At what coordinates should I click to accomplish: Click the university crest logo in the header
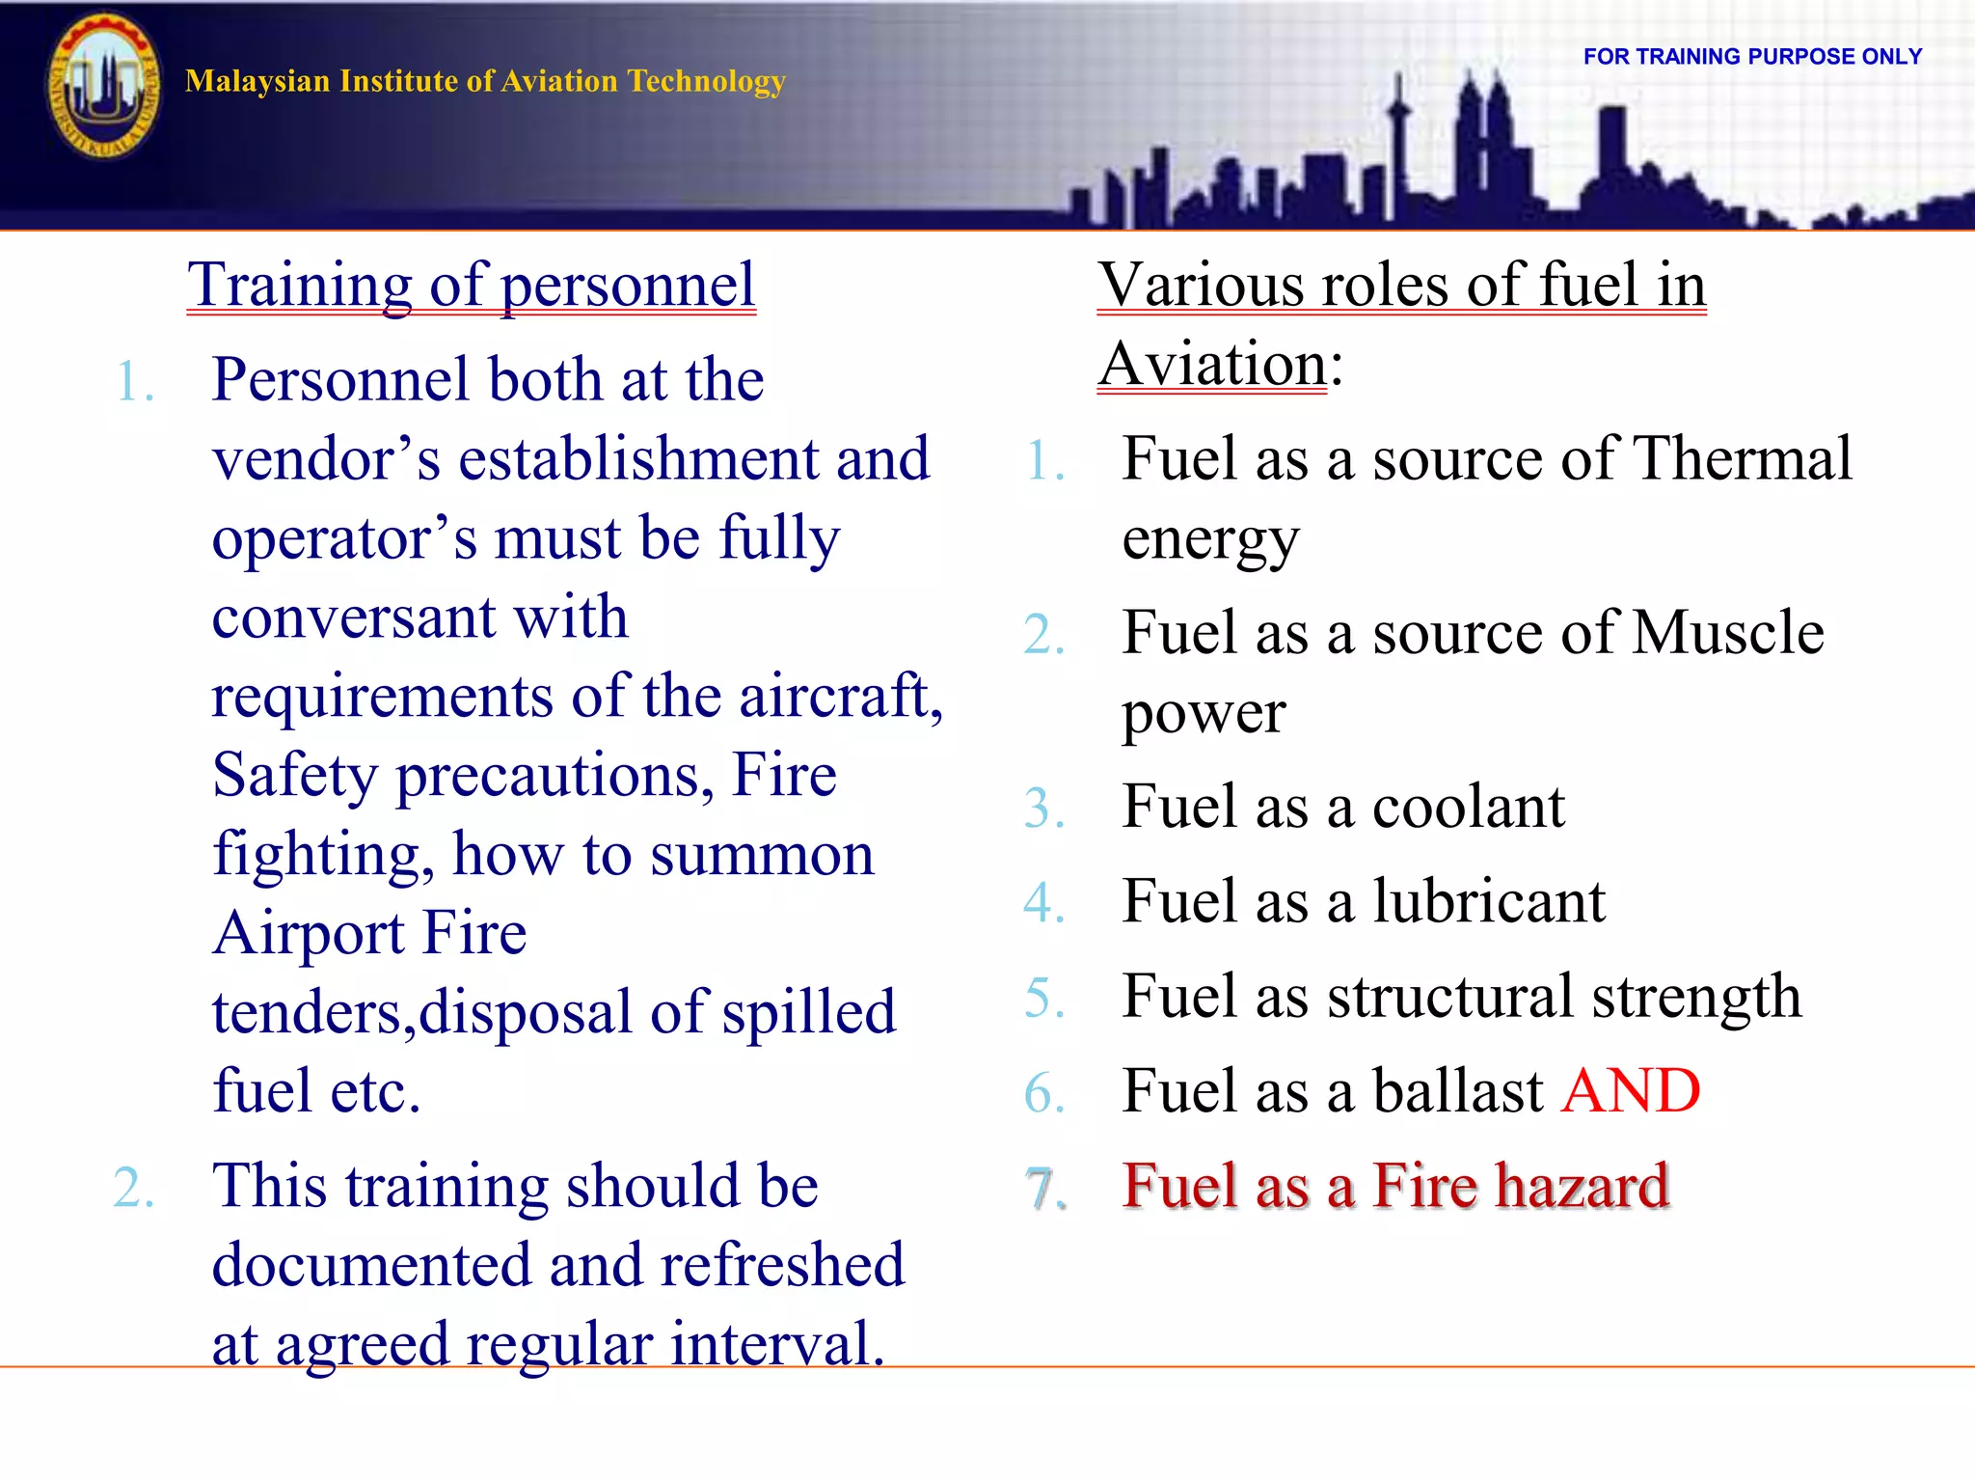click(x=103, y=87)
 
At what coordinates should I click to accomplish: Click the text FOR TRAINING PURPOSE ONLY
click(x=1752, y=57)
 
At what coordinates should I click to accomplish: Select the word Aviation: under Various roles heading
click(x=1221, y=365)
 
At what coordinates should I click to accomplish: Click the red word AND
click(x=1631, y=1091)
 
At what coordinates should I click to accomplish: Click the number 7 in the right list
click(x=1044, y=1189)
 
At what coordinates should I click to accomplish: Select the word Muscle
click(x=1727, y=633)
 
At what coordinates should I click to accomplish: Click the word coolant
click(x=1468, y=807)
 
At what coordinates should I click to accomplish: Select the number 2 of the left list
click(x=133, y=1188)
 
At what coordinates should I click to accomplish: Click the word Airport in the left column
click(x=309, y=933)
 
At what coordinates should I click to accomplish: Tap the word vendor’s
click(x=326, y=459)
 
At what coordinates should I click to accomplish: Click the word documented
click(x=371, y=1265)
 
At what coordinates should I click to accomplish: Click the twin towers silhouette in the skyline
click(x=1482, y=145)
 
